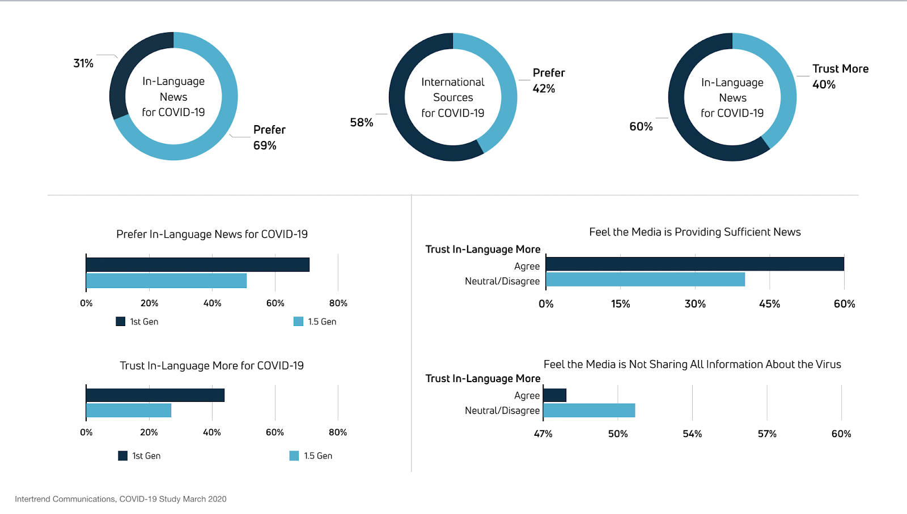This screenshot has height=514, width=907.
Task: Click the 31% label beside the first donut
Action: pos(83,63)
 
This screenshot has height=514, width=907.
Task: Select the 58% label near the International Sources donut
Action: pos(361,123)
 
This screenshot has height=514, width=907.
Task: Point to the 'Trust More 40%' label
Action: pos(840,76)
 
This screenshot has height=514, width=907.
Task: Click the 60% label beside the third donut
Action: pos(641,127)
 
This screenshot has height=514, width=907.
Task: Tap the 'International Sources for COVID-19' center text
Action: pos(452,97)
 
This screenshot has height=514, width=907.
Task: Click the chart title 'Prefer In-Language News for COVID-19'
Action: pos(212,234)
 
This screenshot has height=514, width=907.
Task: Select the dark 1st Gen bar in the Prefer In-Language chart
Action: pos(197,264)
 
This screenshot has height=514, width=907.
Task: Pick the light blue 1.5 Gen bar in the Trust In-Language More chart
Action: pos(129,410)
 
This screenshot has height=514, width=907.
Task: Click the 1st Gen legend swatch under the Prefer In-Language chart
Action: pos(120,322)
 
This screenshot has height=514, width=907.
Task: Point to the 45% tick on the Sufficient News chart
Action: pos(769,304)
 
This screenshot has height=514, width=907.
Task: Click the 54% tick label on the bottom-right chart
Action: pos(692,434)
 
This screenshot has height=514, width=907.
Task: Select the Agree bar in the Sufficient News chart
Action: pos(694,264)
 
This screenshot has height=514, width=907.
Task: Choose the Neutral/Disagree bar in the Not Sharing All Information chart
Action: pos(589,410)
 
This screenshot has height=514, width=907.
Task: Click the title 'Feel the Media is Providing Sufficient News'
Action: pos(694,232)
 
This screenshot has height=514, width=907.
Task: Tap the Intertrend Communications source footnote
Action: pos(121,499)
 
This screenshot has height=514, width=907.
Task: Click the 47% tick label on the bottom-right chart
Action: pos(543,434)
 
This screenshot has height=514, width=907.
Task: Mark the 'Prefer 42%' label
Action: pos(548,81)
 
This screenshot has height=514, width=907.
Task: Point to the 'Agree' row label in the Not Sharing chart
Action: pos(527,396)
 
